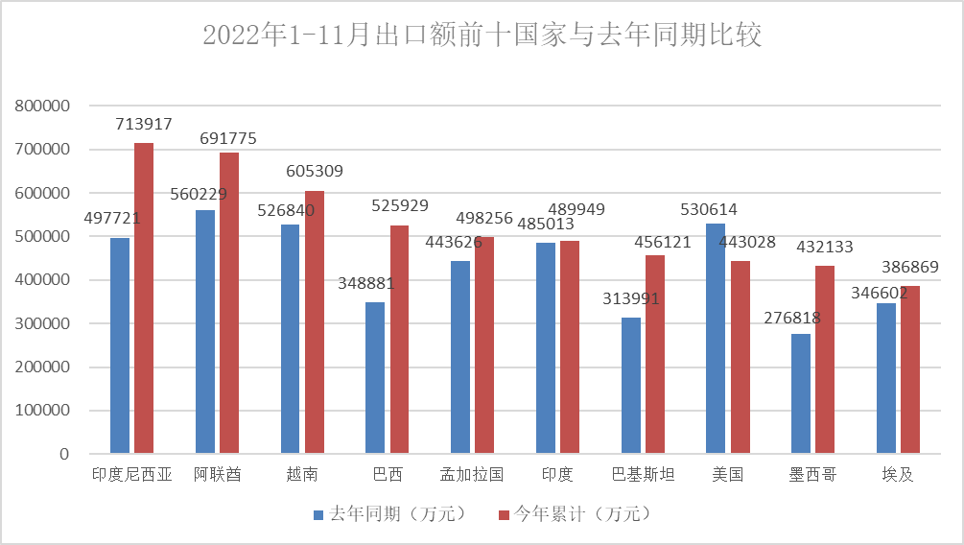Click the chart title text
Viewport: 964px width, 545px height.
[x=482, y=36]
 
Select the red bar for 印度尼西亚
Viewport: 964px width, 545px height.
[x=144, y=297]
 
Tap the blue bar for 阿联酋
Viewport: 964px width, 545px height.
[x=205, y=331]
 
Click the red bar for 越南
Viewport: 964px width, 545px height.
[x=314, y=321]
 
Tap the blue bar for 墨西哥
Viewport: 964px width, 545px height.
[x=801, y=392]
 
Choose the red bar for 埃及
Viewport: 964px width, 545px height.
[x=910, y=368]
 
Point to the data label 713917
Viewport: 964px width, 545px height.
[x=144, y=124]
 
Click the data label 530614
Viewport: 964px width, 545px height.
[x=708, y=210]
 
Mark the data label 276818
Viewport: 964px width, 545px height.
[x=793, y=318]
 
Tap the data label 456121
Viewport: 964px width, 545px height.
[x=662, y=242]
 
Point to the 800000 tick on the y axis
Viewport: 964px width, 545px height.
[x=43, y=106]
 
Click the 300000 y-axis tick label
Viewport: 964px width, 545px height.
[x=43, y=323]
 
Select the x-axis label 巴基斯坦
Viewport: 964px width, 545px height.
[x=643, y=475]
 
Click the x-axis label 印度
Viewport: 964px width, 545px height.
[x=557, y=475]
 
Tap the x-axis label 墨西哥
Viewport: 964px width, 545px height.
[x=812, y=475]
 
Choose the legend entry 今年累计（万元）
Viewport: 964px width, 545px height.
[x=572, y=514]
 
